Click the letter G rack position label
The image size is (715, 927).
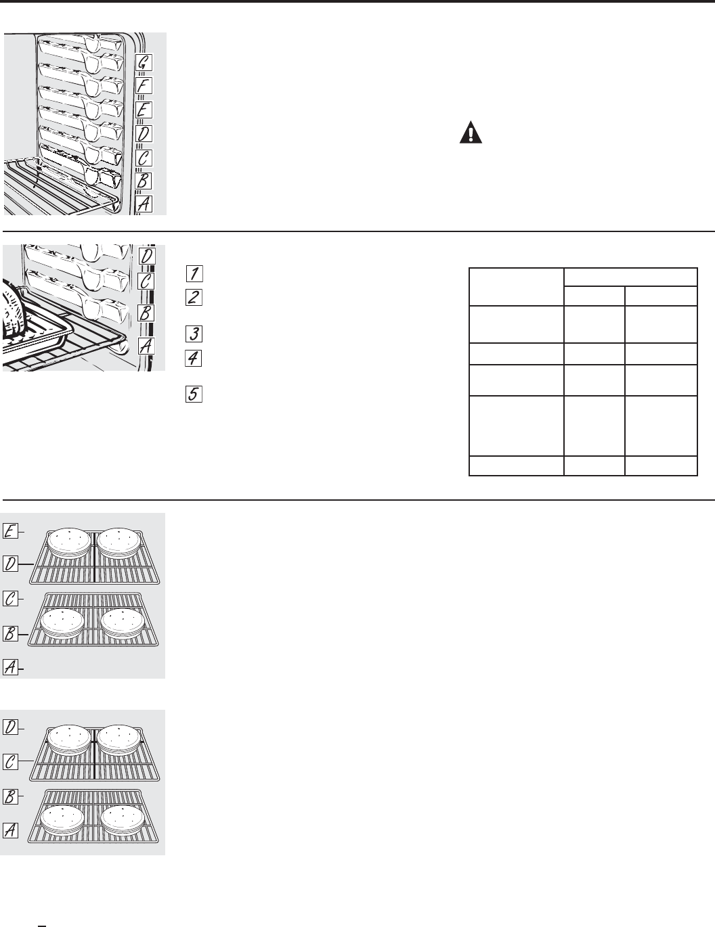pos(144,62)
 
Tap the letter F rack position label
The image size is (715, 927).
pos(144,86)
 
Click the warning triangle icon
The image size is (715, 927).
pos(468,133)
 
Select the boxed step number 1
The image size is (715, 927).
pos(193,274)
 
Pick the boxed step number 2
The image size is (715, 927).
pos(193,297)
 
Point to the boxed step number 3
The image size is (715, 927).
pos(193,334)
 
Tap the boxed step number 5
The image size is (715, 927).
pos(193,394)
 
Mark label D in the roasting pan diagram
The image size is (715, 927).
pos(146,256)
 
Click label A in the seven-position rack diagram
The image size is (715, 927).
pos(144,204)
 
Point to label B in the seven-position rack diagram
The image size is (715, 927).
pos(144,181)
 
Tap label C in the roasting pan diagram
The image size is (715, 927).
pos(146,281)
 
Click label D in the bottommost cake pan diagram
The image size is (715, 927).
pos(10,727)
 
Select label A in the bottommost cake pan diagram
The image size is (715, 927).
pos(10,829)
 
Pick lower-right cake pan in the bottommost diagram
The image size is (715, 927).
pos(123,821)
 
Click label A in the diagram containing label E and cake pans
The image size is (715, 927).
pos(10,667)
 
